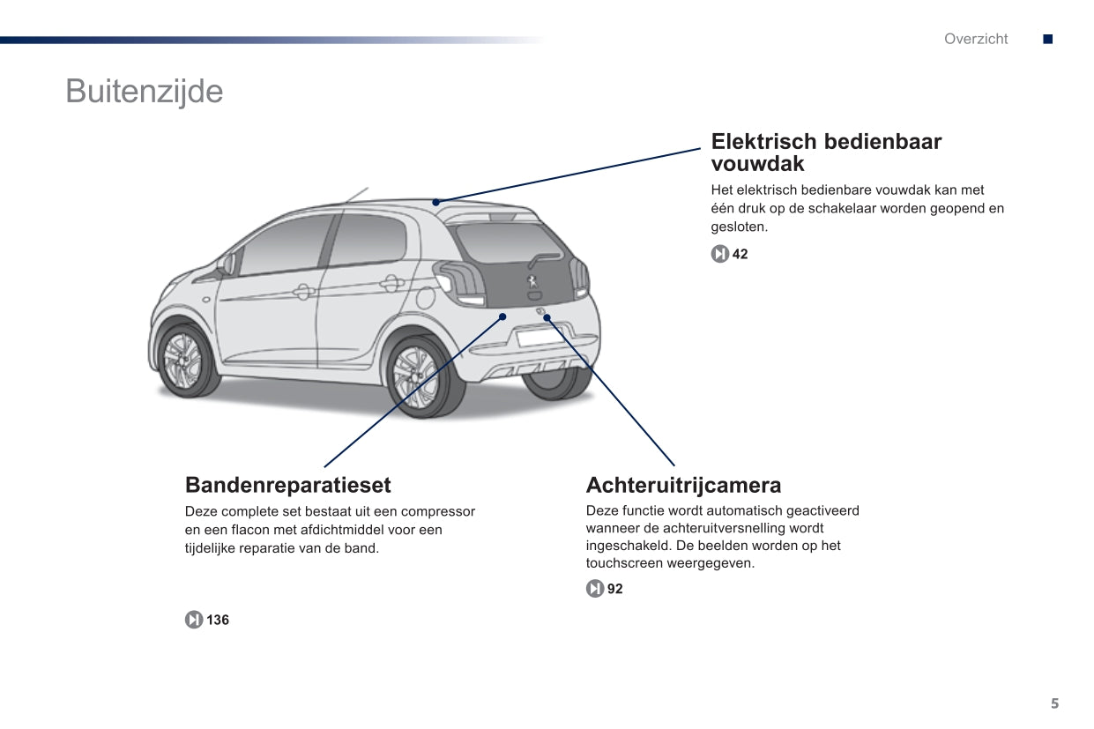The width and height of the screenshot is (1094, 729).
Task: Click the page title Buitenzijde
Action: [x=144, y=92]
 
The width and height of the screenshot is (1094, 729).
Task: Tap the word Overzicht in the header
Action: [x=975, y=39]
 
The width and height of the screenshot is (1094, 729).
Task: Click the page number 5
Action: [x=1054, y=703]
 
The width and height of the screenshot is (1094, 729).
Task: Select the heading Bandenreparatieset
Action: [x=287, y=485]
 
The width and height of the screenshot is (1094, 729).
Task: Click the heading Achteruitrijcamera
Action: [x=683, y=485]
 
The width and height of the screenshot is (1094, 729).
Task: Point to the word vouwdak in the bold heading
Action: [x=757, y=164]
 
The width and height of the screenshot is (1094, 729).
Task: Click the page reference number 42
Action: [x=740, y=255]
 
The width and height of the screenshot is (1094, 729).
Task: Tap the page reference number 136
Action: [x=218, y=621]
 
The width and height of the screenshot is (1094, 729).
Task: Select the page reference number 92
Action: [x=614, y=589]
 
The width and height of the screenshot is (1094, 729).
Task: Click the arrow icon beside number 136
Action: [x=194, y=621]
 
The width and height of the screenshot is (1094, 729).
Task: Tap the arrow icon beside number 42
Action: [x=719, y=255]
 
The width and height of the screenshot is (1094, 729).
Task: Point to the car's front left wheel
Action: [x=183, y=359]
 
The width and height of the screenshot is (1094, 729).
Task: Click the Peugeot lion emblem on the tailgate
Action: [x=532, y=282]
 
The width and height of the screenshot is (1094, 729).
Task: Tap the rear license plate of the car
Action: [x=540, y=337]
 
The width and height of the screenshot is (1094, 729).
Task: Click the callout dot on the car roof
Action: [x=435, y=202]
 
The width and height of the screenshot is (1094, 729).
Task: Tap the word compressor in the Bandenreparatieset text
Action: [x=438, y=512]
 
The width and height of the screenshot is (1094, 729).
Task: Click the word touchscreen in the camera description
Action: [x=624, y=563]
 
